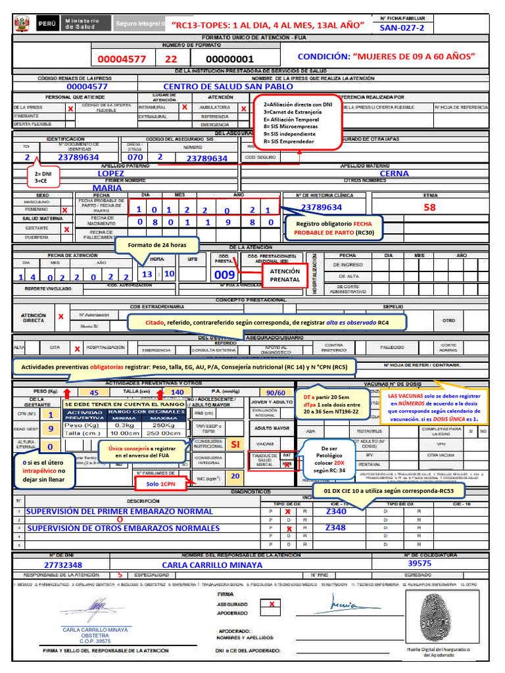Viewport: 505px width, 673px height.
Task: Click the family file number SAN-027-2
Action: tap(402, 28)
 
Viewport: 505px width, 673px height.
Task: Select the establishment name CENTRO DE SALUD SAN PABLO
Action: tap(228, 86)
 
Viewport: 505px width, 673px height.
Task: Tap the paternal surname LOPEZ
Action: tap(110, 173)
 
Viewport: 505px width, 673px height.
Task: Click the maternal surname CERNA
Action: tap(394, 174)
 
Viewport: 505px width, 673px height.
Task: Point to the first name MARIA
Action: tap(108, 187)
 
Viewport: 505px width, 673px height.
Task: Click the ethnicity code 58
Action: tap(429, 207)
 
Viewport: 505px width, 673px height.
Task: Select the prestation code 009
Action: tap(225, 274)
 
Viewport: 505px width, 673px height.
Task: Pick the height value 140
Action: tap(177, 392)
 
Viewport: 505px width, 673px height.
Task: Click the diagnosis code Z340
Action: tap(335, 511)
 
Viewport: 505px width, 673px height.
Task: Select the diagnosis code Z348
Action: tap(335, 528)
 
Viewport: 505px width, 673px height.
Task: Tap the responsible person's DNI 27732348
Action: tap(63, 565)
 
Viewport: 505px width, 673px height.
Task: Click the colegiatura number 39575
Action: tap(420, 563)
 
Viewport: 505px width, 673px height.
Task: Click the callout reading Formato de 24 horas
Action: tap(157, 245)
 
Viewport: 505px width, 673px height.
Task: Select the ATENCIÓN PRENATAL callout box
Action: tap(285, 275)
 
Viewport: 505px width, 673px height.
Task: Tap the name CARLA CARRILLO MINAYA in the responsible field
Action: tap(212, 565)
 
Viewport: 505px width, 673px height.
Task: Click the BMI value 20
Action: tap(234, 475)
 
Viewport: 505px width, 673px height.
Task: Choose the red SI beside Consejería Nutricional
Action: tap(235, 444)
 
